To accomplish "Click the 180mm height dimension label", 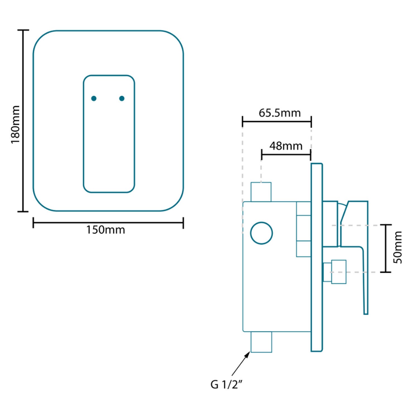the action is coord(15,125).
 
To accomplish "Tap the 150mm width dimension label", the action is coord(105,230).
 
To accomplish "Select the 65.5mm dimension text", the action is coord(280,113).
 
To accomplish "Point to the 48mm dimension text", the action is coord(286,146).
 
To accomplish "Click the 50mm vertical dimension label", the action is coord(397,247).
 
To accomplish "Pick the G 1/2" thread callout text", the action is coord(226,384).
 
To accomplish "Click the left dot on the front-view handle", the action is coord(94,98).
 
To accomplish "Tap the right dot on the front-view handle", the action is coord(122,98).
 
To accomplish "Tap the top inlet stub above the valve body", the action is coord(261,192).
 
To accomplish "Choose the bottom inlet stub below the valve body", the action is coord(261,342).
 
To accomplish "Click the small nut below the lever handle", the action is coord(335,272).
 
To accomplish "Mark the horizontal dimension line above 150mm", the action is coord(108,223).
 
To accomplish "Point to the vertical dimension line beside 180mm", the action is coord(23,121).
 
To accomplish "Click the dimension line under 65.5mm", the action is coord(277,122).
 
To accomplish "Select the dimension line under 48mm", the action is coord(286,154).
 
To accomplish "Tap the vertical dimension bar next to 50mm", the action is coord(386,248).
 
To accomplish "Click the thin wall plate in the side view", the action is coord(317,257).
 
